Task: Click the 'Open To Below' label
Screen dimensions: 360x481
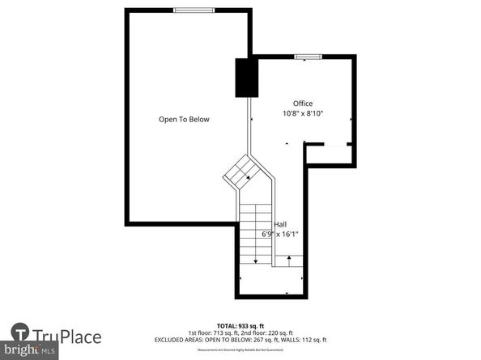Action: pyautogui.click(x=184, y=120)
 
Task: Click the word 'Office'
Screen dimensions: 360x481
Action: pyautogui.click(x=303, y=104)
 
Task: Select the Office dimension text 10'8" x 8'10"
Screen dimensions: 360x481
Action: pyautogui.click(x=303, y=114)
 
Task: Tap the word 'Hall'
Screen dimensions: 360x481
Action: pyautogui.click(x=279, y=224)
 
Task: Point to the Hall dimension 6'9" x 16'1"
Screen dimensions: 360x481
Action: pyautogui.click(x=280, y=235)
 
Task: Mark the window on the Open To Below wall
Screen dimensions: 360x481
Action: pyautogui.click(x=194, y=10)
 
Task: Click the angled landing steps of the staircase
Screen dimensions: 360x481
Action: pyautogui.click(x=240, y=172)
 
